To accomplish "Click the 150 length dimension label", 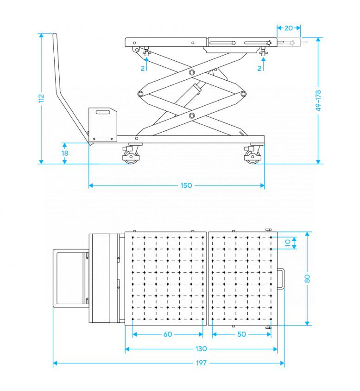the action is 186,185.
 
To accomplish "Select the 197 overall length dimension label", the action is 201,363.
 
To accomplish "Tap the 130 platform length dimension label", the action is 201,349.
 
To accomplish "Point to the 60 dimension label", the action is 168,334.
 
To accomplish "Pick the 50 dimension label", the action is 242,334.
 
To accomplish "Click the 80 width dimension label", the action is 307,279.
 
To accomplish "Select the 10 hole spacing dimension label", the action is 288,243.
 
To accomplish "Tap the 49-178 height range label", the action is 318,101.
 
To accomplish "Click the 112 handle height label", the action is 41,98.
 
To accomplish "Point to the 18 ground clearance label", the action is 65,153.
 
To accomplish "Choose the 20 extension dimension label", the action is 289,28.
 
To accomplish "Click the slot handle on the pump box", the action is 103,112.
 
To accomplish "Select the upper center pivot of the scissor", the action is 192,72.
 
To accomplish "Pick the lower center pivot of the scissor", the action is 192,115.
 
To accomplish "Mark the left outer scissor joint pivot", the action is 140,94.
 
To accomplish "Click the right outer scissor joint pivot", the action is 243,94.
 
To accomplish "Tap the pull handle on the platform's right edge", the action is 281,279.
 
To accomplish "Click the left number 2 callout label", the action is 143,68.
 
